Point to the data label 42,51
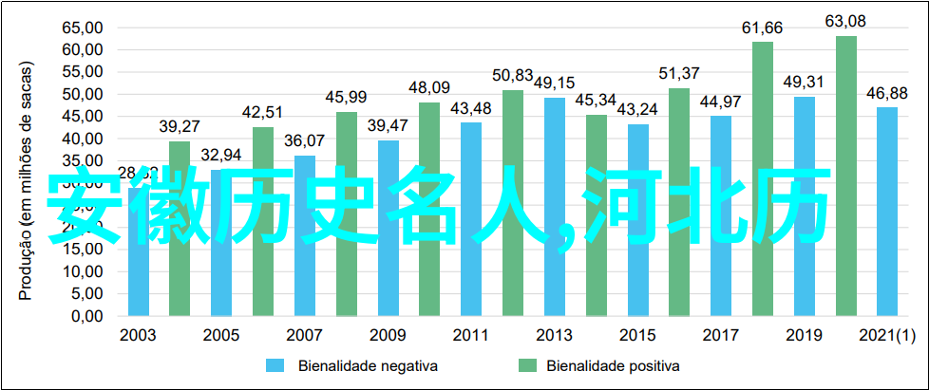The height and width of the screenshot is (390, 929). tap(263, 112)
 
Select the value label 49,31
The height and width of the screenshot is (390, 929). tap(805, 82)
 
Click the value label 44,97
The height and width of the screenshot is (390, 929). tap(721, 101)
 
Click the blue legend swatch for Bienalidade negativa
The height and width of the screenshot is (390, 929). tap(275, 364)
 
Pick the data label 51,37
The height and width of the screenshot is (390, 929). tap(679, 73)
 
